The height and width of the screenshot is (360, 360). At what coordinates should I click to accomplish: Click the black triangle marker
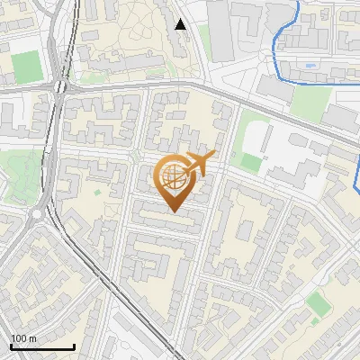181,24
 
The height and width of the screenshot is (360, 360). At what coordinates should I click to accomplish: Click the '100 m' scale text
23,338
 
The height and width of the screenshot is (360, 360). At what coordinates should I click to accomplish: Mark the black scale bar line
42,346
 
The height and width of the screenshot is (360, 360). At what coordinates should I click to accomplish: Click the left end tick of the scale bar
11,345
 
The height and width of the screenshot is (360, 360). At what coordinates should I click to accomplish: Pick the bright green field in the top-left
27,66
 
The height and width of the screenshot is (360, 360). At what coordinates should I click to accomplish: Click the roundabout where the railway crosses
60,86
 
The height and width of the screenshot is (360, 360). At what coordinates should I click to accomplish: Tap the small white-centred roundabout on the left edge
37,215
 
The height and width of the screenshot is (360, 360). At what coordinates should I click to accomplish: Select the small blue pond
310,65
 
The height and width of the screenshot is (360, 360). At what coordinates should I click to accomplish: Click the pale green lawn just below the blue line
310,103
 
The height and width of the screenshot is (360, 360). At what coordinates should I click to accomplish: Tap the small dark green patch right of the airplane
249,163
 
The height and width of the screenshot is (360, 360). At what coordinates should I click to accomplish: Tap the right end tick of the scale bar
74,345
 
